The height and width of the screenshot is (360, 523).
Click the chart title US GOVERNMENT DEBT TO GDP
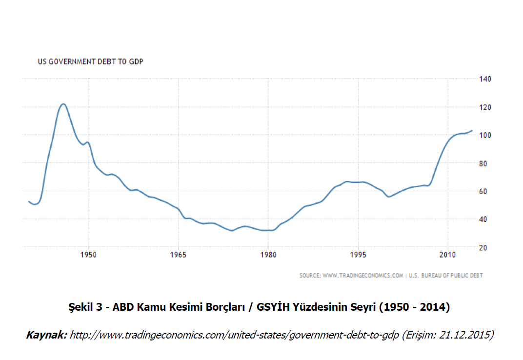click(x=90, y=61)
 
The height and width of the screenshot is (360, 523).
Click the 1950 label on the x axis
click(x=88, y=255)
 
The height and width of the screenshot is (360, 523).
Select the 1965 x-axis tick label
click(x=179, y=255)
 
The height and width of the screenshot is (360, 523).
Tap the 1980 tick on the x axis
click(x=268, y=255)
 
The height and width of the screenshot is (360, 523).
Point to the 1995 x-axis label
click(x=359, y=255)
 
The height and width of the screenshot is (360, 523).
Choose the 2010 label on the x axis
click(x=448, y=255)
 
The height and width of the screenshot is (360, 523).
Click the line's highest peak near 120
click(x=63, y=104)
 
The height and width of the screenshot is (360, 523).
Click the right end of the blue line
click(x=472, y=131)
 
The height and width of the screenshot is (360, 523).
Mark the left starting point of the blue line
click(x=29, y=201)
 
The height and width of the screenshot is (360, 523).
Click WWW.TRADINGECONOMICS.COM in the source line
click(x=363, y=276)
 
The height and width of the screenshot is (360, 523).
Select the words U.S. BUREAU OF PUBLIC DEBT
click(x=445, y=276)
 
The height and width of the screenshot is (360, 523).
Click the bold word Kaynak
click(x=46, y=335)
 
